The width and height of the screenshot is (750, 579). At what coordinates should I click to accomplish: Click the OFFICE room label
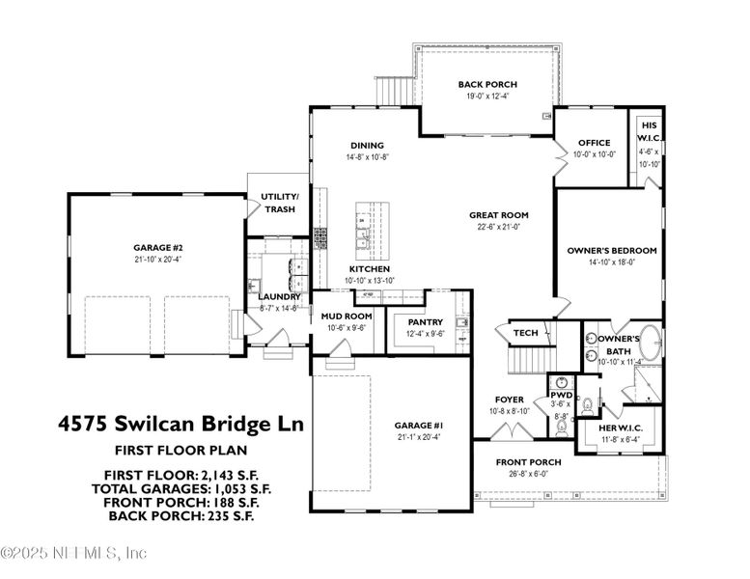tap(594, 143)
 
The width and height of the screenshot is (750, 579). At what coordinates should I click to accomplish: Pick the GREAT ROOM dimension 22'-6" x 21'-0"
tap(498, 227)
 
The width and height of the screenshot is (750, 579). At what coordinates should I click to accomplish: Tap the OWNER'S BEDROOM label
tap(611, 250)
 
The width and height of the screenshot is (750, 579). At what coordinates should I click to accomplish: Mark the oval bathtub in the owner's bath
tap(652, 343)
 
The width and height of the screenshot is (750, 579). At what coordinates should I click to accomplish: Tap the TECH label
tap(525, 333)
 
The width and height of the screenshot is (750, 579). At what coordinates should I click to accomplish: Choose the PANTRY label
tap(425, 321)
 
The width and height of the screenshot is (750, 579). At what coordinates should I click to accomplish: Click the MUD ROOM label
tap(347, 316)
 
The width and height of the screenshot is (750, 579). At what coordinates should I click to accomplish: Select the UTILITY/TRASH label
tap(280, 203)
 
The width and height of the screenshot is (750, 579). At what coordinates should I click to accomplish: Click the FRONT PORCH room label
tap(528, 462)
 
